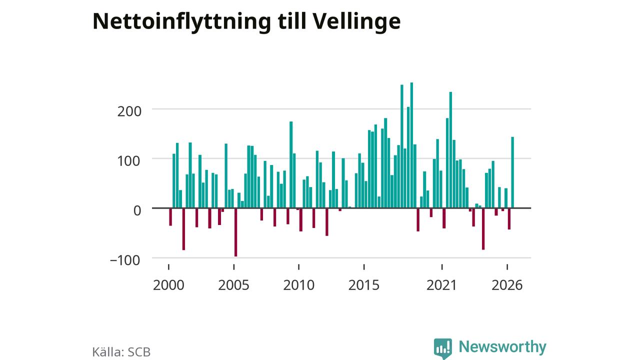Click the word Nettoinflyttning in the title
tap(181, 22)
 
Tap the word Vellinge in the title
tap(356, 22)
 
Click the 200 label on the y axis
tap(129, 111)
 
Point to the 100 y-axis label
tap(129, 161)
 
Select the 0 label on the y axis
tap(137, 211)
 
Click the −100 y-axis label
tap(125, 260)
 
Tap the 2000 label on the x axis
tap(168, 285)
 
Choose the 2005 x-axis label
tap(233, 285)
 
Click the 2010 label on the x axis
tap(299, 285)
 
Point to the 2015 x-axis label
tap(364, 285)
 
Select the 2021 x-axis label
tap(441, 285)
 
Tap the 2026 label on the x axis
tap(507, 285)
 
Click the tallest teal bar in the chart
tap(411, 145)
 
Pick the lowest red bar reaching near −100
tap(235, 232)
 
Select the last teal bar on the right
tap(512, 172)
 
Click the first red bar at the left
tap(170, 217)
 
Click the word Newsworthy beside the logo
tap(502, 346)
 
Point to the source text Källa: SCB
tap(121, 352)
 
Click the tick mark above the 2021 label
tap(442, 267)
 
